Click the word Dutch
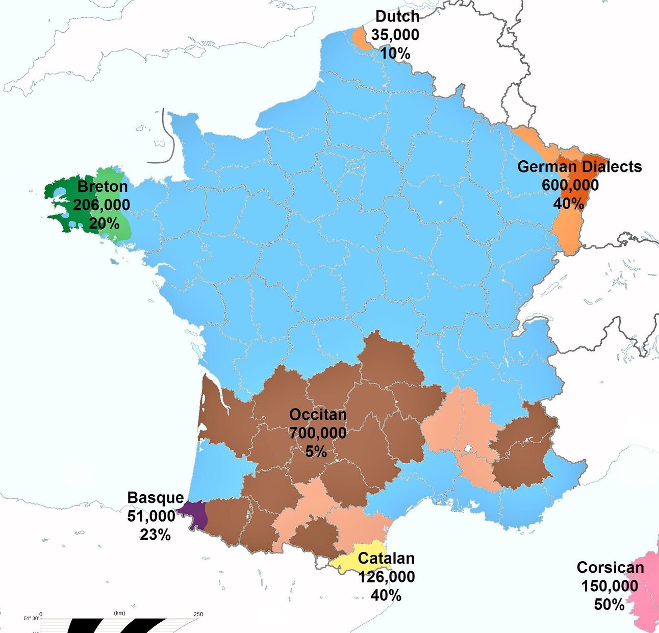(x=397, y=16)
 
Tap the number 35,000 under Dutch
(x=395, y=35)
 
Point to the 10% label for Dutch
(x=395, y=53)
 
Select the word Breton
(x=103, y=186)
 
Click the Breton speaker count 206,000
(x=102, y=205)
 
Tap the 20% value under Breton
(x=104, y=223)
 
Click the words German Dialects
(x=579, y=166)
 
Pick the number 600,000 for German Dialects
(x=570, y=185)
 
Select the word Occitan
(x=318, y=414)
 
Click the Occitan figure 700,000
(x=318, y=433)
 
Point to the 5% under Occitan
(x=316, y=451)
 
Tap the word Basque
(x=155, y=497)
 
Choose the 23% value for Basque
(x=155, y=535)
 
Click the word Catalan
(x=386, y=558)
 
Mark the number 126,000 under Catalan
(x=386, y=576)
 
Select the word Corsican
(x=610, y=567)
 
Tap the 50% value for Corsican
(x=609, y=604)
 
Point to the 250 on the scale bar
(x=198, y=614)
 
